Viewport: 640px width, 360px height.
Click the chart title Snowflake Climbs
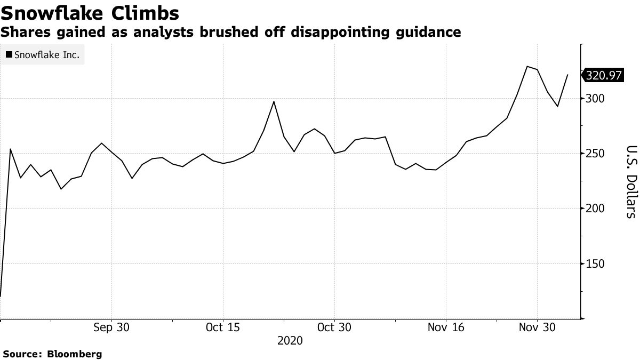[90, 12]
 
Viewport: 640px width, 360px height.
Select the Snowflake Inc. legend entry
[47, 54]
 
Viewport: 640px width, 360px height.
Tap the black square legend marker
[9, 54]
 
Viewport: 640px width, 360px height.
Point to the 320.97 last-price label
[604, 75]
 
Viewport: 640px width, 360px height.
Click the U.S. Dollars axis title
[631, 181]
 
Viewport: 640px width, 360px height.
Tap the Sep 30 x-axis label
[111, 327]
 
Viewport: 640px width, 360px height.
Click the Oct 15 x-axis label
[222, 327]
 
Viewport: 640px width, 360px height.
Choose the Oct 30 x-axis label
[334, 327]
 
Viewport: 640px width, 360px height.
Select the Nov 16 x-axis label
[445, 327]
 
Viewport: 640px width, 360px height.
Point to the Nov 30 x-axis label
[537, 327]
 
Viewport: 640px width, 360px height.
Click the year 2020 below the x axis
[290, 340]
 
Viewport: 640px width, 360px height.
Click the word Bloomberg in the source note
[75, 354]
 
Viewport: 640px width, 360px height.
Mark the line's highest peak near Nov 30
[527, 67]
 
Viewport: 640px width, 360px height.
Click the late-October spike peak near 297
[274, 101]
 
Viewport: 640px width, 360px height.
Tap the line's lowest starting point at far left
[1, 296]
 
